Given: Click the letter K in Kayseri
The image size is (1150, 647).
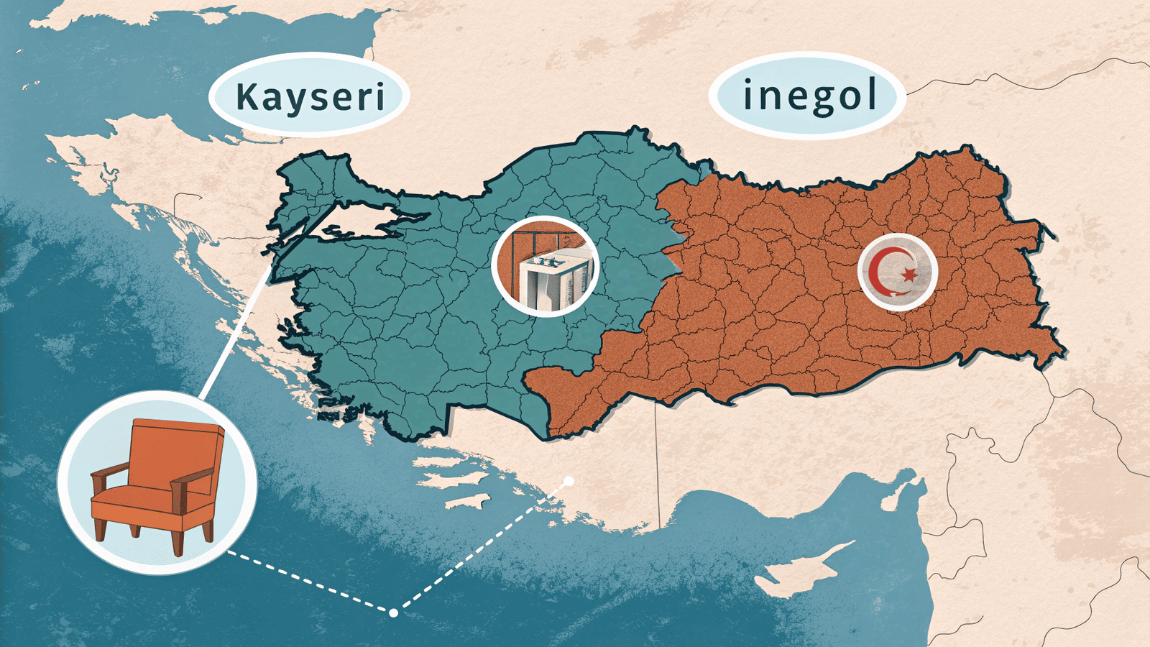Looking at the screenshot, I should pos(248,97).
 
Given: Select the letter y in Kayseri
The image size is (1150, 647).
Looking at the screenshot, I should pos(293,101).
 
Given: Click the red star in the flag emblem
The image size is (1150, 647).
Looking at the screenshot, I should pos(909,274).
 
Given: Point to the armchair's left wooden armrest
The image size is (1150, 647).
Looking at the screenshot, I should pos(108,474).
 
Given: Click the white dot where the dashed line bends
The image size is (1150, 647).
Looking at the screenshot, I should pos(393,612).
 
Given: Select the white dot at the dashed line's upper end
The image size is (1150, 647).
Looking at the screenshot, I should pos(569,481).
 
